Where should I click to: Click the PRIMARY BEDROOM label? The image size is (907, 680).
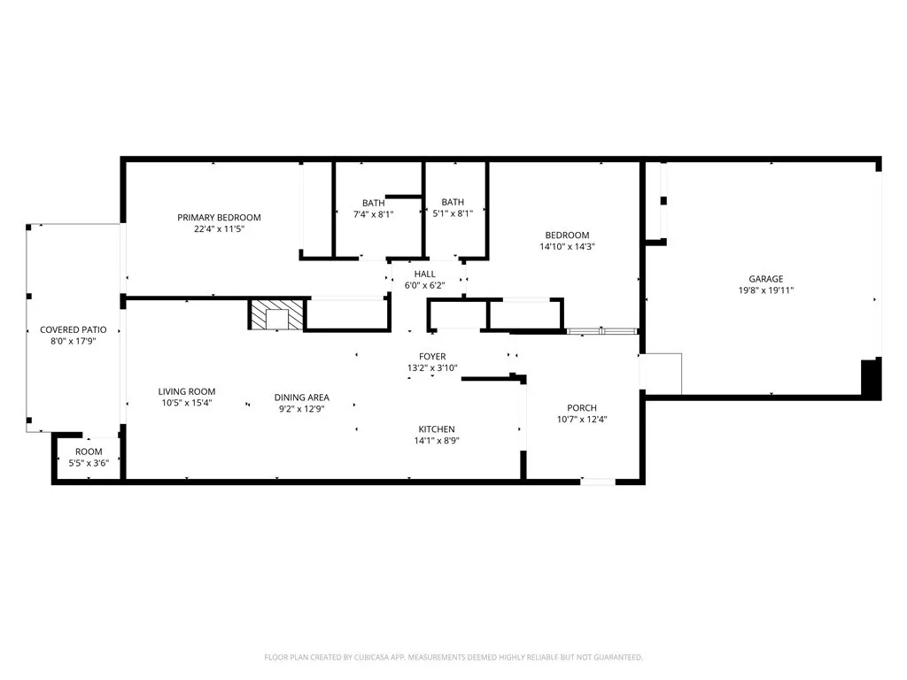[x=219, y=218]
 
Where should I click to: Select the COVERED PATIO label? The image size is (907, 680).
[x=74, y=330]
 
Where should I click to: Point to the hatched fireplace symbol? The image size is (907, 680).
[x=275, y=315]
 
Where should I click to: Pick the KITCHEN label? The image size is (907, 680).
[x=437, y=429]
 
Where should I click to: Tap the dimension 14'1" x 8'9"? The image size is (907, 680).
[x=437, y=441]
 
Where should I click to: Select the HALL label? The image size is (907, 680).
[x=424, y=274]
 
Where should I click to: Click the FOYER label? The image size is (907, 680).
[x=432, y=357]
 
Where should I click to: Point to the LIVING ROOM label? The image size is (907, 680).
[x=187, y=392]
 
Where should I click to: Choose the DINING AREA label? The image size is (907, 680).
[x=301, y=398]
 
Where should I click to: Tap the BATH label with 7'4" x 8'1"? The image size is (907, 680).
[x=373, y=203]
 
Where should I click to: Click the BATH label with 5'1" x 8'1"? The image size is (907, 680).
[x=453, y=203]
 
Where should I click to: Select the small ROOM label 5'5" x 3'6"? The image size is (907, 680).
[x=89, y=452]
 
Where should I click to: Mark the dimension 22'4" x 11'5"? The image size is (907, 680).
[x=219, y=229]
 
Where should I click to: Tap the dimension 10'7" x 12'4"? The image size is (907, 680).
[x=582, y=420]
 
